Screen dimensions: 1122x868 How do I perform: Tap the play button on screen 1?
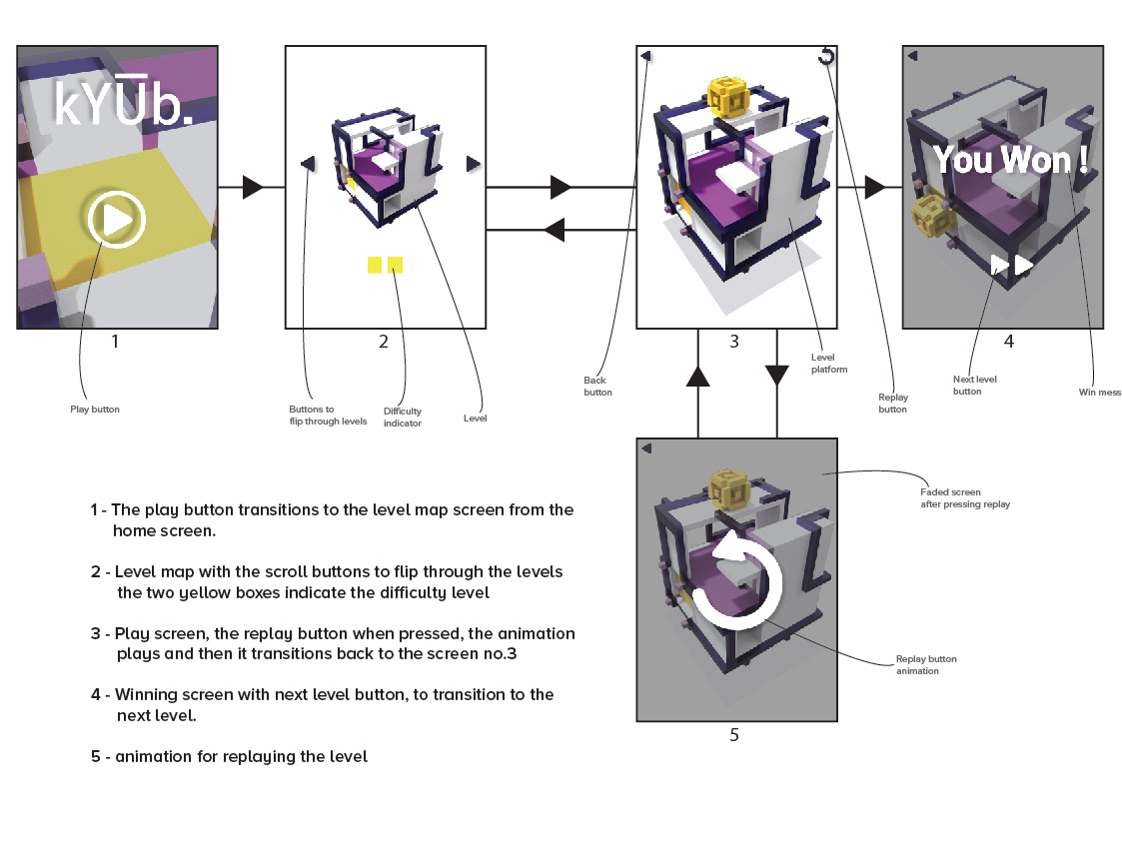click(117, 219)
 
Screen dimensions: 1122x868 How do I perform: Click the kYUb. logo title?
click(123, 102)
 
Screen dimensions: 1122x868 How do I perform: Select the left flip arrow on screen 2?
click(308, 164)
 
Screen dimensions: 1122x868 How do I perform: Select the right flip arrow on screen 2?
click(473, 164)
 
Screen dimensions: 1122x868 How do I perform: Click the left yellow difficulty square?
click(375, 265)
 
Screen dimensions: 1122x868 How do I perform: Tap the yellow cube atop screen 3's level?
click(727, 97)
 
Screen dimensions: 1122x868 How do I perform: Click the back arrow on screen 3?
click(645, 56)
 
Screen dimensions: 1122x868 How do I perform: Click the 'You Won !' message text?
click(1010, 159)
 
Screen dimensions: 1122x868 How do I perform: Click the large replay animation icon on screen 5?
click(737, 580)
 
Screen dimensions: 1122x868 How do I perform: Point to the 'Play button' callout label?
click(95, 410)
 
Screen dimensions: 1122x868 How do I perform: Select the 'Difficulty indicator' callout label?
click(403, 418)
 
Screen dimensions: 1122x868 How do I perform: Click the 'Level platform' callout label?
click(829, 364)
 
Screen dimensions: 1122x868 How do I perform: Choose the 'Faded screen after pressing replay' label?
click(965, 498)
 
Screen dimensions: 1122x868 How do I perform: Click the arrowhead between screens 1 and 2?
click(253, 188)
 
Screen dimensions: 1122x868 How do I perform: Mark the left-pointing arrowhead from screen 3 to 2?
click(554, 230)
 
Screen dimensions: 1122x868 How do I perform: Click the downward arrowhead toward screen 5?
click(777, 376)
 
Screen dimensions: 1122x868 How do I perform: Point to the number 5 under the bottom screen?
click(734, 735)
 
